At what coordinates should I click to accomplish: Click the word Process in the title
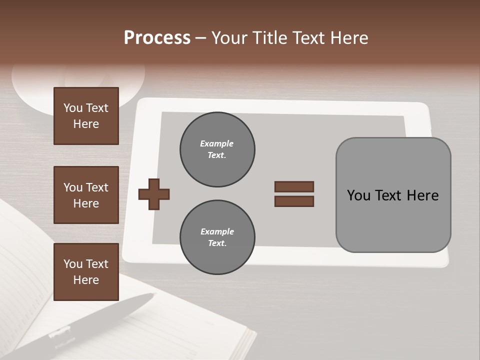(x=157, y=38)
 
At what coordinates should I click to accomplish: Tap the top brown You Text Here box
(x=86, y=116)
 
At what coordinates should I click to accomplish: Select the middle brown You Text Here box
(x=86, y=195)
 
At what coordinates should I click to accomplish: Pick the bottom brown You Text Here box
(x=86, y=272)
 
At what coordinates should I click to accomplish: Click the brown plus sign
(x=154, y=194)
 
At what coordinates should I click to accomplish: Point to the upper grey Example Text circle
(x=217, y=149)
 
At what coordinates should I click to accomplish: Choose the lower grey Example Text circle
(x=217, y=237)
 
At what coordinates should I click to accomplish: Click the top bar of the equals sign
(x=294, y=187)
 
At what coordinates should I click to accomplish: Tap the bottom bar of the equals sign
(x=294, y=201)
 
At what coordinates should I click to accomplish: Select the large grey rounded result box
(x=393, y=220)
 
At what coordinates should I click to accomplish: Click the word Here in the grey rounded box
(x=422, y=195)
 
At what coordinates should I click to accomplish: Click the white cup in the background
(x=75, y=87)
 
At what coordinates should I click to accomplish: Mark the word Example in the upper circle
(x=217, y=143)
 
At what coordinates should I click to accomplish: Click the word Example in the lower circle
(x=217, y=231)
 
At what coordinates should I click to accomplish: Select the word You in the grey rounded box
(x=359, y=195)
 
